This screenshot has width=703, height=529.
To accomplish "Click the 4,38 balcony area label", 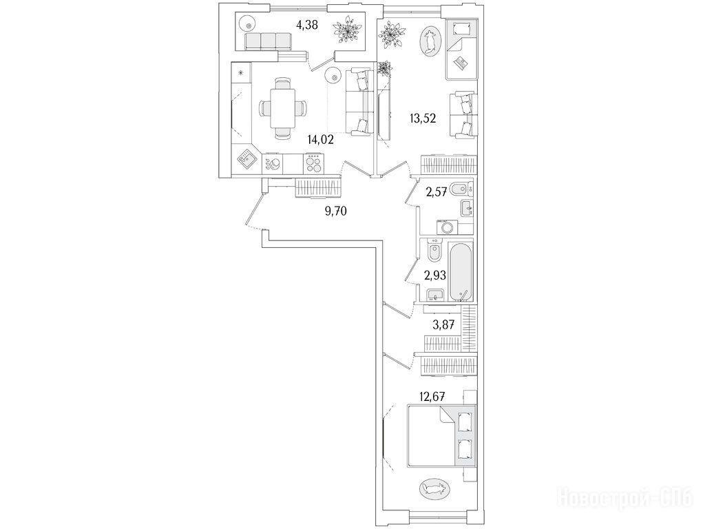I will pos(307,26).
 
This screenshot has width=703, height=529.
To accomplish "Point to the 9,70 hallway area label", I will pos(335,211).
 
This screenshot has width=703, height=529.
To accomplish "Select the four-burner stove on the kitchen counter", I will pos(314,164).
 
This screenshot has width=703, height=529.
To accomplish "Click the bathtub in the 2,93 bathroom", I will pos(460,271).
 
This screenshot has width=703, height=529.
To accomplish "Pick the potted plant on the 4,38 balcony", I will pos(346,30).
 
